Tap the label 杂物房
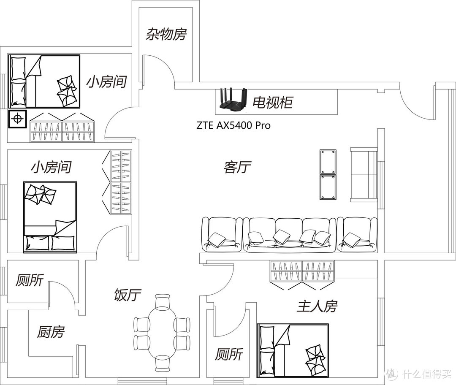(166, 34)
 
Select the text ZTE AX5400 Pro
(233, 125)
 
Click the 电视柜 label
(272, 102)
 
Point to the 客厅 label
(237, 168)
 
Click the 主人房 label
(317, 306)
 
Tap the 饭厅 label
(128, 295)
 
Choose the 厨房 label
(51, 332)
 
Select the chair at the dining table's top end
(162, 302)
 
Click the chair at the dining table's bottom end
(162, 363)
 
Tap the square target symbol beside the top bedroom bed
(17, 119)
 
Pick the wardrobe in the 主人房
(302, 271)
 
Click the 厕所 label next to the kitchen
(30, 280)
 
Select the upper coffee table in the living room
(328, 162)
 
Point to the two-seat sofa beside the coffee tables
(364, 174)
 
